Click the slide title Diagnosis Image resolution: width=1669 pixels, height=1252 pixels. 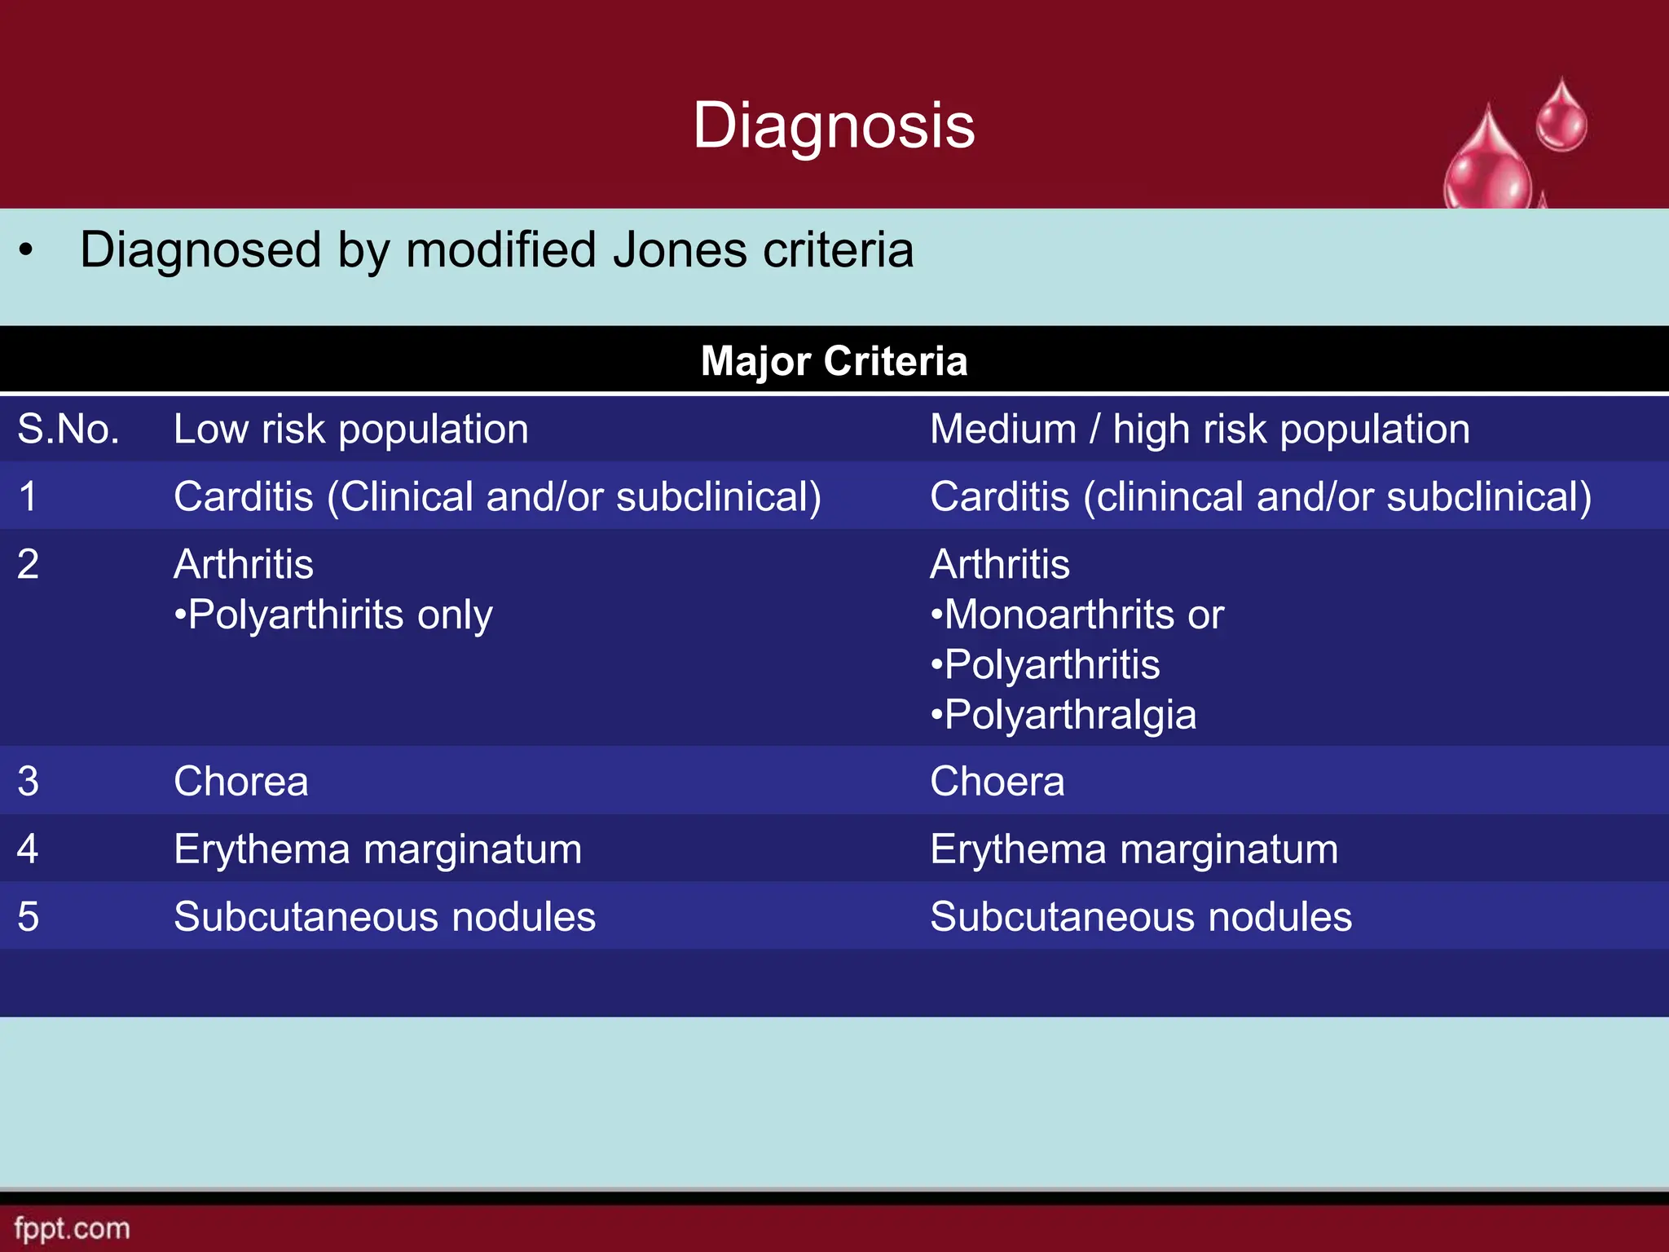(x=834, y=126)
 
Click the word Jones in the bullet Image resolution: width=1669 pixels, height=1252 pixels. (x=680, y=249)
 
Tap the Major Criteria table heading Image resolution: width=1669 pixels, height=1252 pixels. (x=834, y=360)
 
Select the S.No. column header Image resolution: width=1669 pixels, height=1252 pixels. (x=68, y=429)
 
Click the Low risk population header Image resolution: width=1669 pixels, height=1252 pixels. (x=351, y=429)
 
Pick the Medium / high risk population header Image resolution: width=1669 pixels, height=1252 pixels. (x=1200, y=429)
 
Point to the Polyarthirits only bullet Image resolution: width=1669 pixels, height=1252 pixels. (x=333, y=615)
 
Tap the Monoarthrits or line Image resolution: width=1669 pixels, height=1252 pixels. (x=1077, y=615)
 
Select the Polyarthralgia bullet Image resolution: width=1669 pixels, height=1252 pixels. (x=1064, y=715)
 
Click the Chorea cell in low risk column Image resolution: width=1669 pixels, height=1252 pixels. (x=241, y=781)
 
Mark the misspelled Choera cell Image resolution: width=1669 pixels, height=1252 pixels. (x=997, y=781)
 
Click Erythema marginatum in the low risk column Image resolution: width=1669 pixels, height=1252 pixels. (x=378, y=849)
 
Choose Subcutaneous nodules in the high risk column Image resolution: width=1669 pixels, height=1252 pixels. (x=1141, y=916)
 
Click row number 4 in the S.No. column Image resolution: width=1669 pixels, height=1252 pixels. (x=28, y=849)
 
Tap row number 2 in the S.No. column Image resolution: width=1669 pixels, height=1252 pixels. (x=28, y=564)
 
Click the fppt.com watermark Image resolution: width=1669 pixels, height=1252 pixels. (x=72, y=1228)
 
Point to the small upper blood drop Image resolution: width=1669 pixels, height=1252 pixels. (x=1561, y=118)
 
